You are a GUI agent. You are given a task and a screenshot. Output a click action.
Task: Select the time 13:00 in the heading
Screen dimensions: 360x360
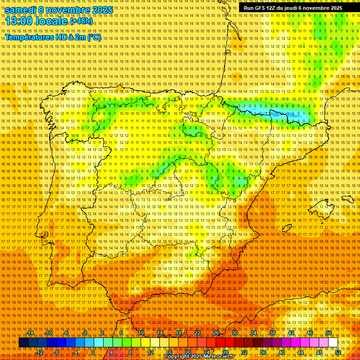[21, 22]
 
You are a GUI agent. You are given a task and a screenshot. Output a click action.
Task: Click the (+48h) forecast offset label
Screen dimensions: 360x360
[81, 21]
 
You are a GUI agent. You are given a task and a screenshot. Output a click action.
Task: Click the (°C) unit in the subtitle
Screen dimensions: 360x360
[94, 37]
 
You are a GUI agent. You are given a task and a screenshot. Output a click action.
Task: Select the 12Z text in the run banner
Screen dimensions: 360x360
[271, 8]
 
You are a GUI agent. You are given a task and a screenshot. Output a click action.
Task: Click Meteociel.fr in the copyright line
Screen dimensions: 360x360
[218, 356]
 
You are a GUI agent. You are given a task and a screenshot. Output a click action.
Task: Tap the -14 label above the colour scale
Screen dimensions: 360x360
[30, 333]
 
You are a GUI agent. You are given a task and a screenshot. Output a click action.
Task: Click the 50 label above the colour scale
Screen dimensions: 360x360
[329, 333]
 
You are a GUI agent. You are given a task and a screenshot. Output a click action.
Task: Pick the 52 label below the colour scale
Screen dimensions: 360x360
[338, 352]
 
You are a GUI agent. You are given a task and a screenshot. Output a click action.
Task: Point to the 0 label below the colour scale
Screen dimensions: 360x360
[93, 352]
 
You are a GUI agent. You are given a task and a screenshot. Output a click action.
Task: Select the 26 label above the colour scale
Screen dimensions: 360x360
[216, 333]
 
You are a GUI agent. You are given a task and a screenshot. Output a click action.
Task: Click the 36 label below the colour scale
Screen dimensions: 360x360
[263, 352]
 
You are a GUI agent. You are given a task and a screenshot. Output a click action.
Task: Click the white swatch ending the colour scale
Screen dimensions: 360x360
[333, 343]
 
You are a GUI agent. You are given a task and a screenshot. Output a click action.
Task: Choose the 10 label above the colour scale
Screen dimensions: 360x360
[141, 333]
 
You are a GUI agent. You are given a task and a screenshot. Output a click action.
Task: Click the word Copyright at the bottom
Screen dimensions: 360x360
[176, 356]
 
